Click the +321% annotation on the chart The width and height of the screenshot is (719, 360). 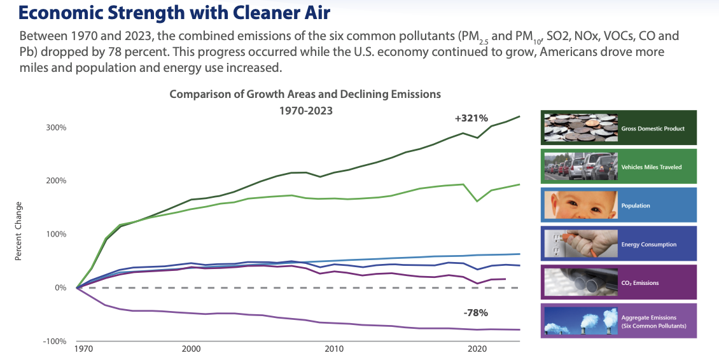coord(471,118)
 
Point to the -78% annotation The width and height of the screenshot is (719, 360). coord(475,312)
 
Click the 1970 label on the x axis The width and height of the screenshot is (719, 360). coord(83,350)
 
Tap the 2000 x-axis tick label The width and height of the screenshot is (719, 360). coord(191,350)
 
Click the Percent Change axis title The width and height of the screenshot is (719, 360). coord(18,231)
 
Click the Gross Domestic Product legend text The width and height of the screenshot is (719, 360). coord(653,128)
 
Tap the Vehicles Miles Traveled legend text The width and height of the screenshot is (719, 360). coord(651,167)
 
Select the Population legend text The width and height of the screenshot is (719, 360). coord(635,206)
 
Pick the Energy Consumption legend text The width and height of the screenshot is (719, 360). coord(648,245)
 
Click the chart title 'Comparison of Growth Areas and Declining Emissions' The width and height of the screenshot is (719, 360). coord(305,94)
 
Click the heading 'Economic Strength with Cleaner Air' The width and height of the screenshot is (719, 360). coord(165,11)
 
